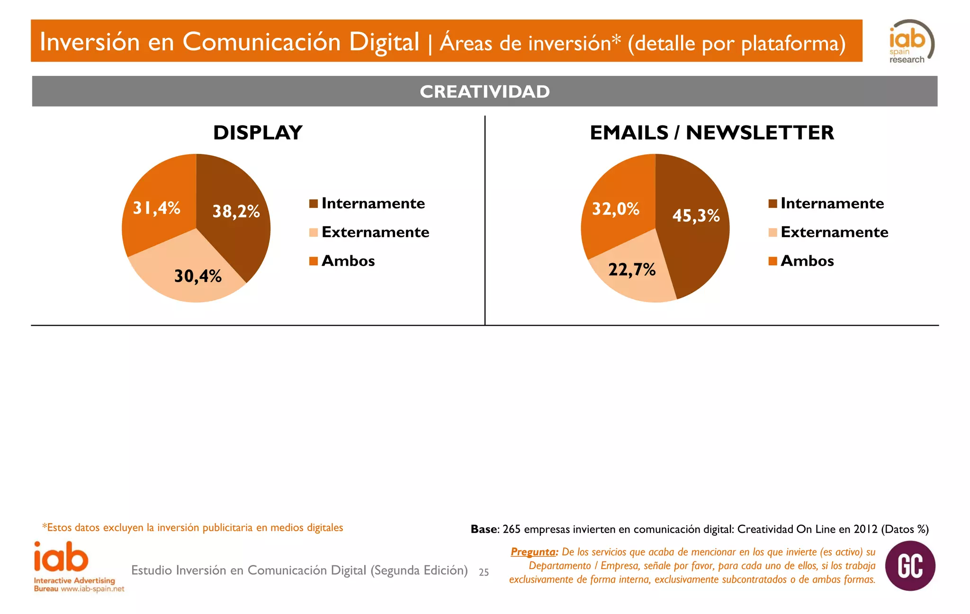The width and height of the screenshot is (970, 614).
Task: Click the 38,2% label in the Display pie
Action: pos(236,211)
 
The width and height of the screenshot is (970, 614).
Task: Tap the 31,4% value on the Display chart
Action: pos(156,208)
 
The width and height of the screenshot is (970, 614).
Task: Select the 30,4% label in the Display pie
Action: pos(198,276)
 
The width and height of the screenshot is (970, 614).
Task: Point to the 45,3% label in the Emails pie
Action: pos(696,216)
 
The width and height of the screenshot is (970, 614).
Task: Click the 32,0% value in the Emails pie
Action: pos(615,209)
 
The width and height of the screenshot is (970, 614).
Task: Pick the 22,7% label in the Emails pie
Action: pos(632,270)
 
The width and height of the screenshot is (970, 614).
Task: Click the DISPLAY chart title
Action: pos(258,133)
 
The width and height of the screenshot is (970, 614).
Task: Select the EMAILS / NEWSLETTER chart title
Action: pos(711,133)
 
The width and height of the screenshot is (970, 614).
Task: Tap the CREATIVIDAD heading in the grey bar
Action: pos(485,91)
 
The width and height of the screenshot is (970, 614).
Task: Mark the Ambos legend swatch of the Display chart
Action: pos(313,261)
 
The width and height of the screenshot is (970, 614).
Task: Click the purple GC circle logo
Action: pos(910,566)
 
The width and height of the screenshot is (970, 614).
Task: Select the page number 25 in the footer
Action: pos(484,572)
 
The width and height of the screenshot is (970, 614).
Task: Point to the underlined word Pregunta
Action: pos(533,552)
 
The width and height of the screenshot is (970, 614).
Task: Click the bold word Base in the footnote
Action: pos(484,529)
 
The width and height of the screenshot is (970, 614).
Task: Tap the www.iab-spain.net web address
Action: pos(92,589)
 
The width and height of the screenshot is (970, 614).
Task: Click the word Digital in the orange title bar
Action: pos(384,42)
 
